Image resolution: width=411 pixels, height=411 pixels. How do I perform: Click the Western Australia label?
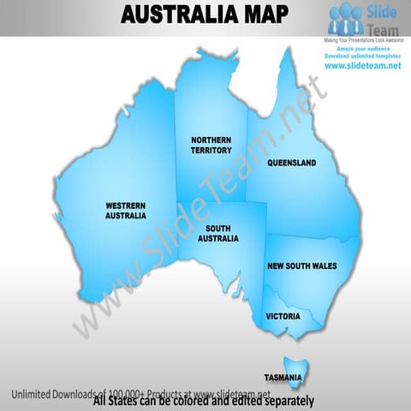pyautogui.click(x=125, y=211)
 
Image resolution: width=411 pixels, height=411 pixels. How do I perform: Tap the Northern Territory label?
pyautogui.click(x=211, y=145)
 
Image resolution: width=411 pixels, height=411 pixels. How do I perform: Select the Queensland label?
pyautogui.click(x=291, y=163)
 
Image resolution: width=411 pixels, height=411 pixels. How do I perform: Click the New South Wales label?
pyautogui.click(x=301, y=267)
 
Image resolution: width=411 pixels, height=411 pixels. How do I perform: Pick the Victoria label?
pyautogui.click(x=283, y=317)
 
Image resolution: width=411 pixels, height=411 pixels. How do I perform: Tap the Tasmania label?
pyautogui.click(x=283, y=378)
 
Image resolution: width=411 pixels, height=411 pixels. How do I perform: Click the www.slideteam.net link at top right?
pyautogui.click(x=363, y=67)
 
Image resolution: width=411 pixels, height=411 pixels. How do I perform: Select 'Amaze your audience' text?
pyautogui.click(x=363, y=50)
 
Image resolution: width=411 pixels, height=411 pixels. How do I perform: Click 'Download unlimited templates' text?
pyautogui.click(x=363, y=57)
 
